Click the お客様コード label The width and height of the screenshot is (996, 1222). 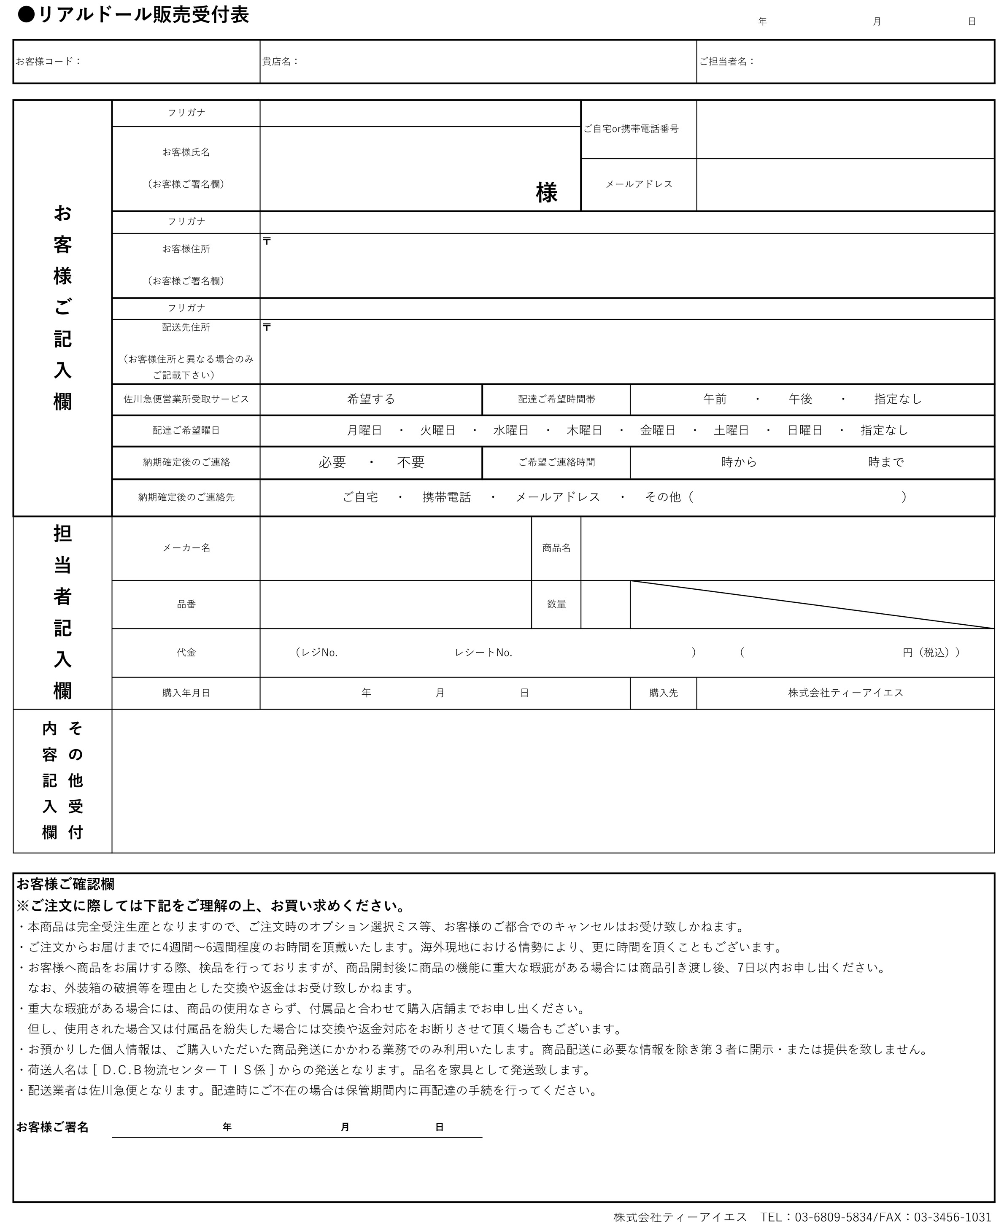tap(48, 62)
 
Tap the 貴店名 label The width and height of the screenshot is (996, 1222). tap(280, 62)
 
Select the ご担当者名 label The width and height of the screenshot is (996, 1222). tap(726, 62)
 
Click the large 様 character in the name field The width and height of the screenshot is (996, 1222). tap(546, 193)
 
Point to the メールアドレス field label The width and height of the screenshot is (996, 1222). tap(639, 184)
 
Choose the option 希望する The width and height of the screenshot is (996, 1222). tap(371, 399)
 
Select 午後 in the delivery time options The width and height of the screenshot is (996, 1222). tap(800, 399)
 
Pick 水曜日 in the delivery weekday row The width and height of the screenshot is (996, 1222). tap(510, 430)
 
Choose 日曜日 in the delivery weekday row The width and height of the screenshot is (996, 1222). tap(804, 430)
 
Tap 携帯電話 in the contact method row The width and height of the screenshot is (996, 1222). tap(446, 497)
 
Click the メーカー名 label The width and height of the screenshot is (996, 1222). tap(186, 548)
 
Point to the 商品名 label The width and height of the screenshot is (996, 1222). tap(556, 548)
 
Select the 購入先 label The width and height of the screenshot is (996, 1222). tap(663, 693)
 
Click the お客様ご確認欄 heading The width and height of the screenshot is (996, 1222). tap(65, 884)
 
